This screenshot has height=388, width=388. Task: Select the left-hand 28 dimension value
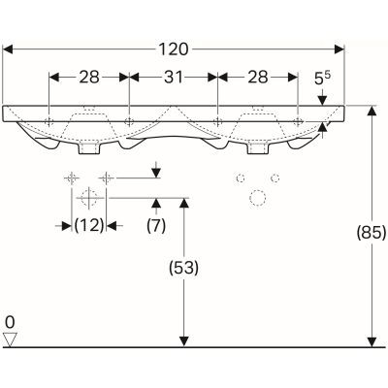tap(89, 78)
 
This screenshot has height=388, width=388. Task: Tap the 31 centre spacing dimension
tap(173, 78)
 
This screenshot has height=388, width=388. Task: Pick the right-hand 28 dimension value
tap(256, 78)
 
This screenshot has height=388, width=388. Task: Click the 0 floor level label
tap(9, 321)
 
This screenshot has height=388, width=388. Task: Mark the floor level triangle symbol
tap(11, 339)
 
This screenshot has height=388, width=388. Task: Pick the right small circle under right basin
tap(276, 178)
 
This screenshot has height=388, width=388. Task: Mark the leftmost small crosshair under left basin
tap(70, 178)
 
